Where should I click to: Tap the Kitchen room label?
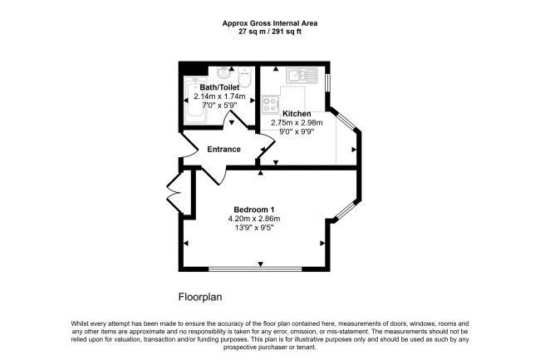point(297,114)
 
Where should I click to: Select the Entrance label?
point(223,150)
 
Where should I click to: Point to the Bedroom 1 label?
point(253,209)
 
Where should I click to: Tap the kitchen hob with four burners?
point(271,106)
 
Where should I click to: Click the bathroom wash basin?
point(223,72)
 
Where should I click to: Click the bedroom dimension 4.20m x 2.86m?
point(253,219)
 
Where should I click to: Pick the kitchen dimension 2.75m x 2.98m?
point(297,123)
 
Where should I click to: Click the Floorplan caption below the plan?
point(200,297)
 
